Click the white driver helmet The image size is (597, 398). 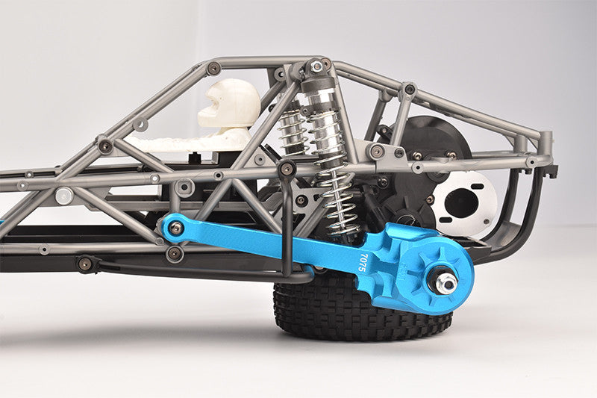click(229, 103)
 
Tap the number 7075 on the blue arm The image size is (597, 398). click(363, 262)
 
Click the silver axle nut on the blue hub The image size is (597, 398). click(446, 283)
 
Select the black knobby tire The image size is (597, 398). click(362, 308)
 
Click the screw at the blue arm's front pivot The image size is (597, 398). click(175, 228)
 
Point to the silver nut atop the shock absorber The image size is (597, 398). click(316, 66)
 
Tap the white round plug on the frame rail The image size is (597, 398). click(64, 196)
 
